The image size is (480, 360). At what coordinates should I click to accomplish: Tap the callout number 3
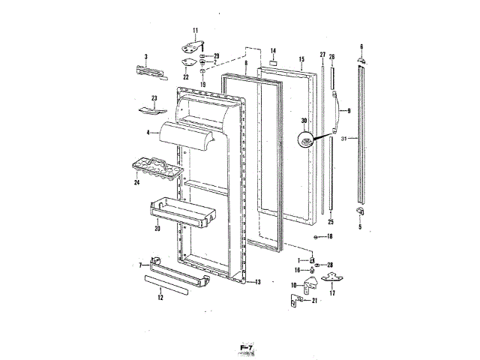tap(146, 56)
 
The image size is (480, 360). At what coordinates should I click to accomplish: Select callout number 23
tap(154, 98)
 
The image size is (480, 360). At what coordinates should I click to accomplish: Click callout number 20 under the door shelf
tap(157, 228)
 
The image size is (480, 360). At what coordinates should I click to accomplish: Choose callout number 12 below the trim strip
tap(159, 297)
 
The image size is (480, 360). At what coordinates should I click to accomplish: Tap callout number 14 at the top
tap(274, 50)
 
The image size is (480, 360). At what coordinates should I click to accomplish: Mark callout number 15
tap(301, 58)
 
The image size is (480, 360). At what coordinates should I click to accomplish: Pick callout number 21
tap(315, 301)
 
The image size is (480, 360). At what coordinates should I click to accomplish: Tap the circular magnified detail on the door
tap(307, 141)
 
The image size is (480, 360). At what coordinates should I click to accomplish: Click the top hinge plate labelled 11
tap(193, 46)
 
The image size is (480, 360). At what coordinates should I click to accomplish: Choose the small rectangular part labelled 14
tap(274, 61)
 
